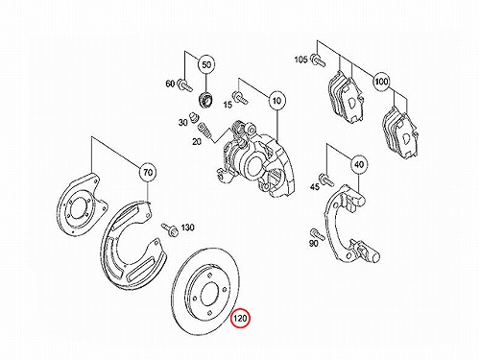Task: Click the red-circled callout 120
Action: (240, 319)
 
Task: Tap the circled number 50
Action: (206, 64)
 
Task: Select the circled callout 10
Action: (277, 101)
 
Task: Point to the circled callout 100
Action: (381, 82)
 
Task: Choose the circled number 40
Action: (359, 164)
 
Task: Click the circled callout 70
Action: (148, 173)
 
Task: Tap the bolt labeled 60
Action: (184, 84)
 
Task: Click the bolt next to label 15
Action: (240, 97)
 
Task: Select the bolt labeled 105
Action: (318, 60)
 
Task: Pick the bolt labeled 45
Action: (326, 180)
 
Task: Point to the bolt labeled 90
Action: (317, 234)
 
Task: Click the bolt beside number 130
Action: (170, 229)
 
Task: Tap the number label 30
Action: (182, 122)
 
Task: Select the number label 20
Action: (197, 141)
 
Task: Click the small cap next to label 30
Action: (193, 117)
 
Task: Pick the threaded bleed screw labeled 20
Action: (204, 131)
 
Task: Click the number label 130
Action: (187, 228)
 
